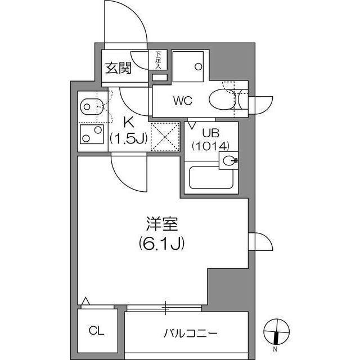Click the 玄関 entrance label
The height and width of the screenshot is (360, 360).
(118, 69)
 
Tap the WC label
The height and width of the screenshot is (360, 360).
(183, 101)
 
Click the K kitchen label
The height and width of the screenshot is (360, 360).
(128, 121)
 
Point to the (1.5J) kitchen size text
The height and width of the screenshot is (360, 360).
(128, 138)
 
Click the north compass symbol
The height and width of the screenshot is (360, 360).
(276, 332)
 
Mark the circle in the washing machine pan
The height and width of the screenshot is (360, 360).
(198, 66)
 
